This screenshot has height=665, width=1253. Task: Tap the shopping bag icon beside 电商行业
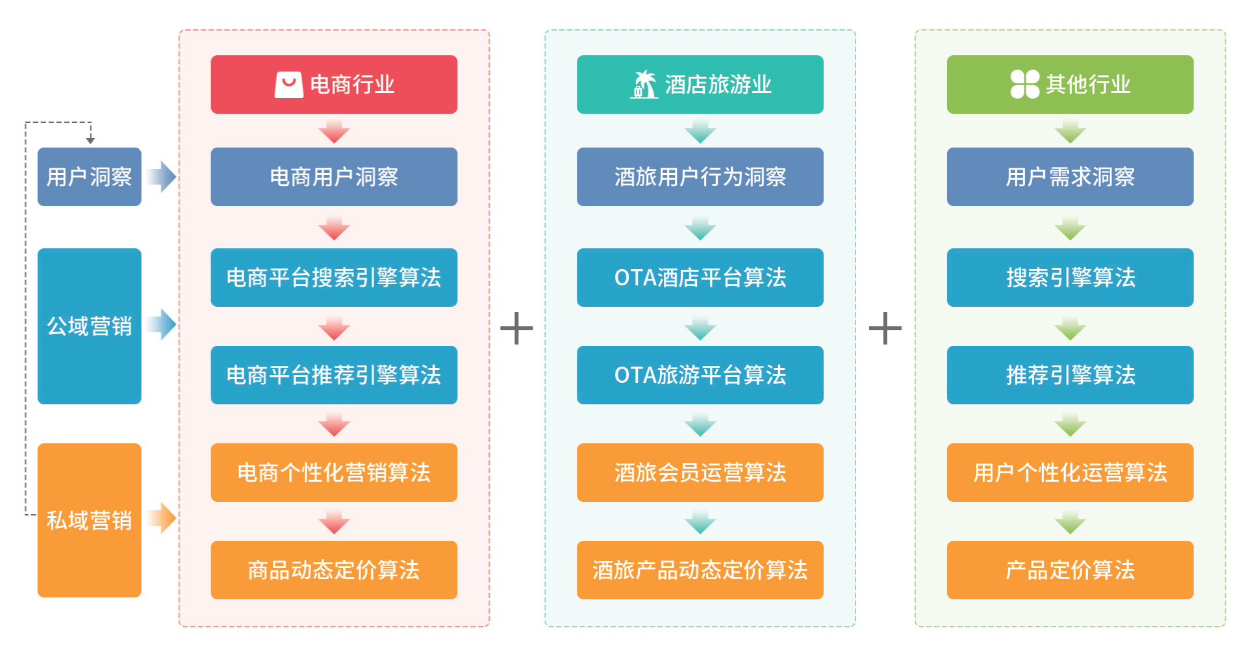point(288,85)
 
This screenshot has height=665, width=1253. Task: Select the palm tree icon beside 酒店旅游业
point(644,85)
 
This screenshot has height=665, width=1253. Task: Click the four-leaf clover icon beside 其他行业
point(1024,85)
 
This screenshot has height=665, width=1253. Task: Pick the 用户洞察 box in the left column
point(89,177)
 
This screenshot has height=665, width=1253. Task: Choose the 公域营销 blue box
point(89,326)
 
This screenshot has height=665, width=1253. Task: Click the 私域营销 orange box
point(89,520)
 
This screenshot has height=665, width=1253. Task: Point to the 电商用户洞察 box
point(334,177)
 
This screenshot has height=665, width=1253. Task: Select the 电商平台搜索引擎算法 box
point(334,278)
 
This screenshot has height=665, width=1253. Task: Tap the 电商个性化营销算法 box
point(334,473)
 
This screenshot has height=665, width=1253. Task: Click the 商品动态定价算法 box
point(334,570)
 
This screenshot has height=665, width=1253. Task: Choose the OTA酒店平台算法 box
point(700,278)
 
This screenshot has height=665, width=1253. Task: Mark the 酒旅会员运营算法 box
point(700,473)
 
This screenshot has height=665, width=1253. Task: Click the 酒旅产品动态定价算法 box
point(700,570)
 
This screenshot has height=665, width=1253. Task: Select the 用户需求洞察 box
point(1070,177)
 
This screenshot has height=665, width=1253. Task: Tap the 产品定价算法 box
point(1070,570)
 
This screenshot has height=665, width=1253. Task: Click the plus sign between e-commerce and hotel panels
point(516,328)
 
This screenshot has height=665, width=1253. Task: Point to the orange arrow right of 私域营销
point(162,518)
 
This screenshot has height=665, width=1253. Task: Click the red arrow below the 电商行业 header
point(334,132)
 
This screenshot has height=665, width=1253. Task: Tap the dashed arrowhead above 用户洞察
point(90,140)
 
